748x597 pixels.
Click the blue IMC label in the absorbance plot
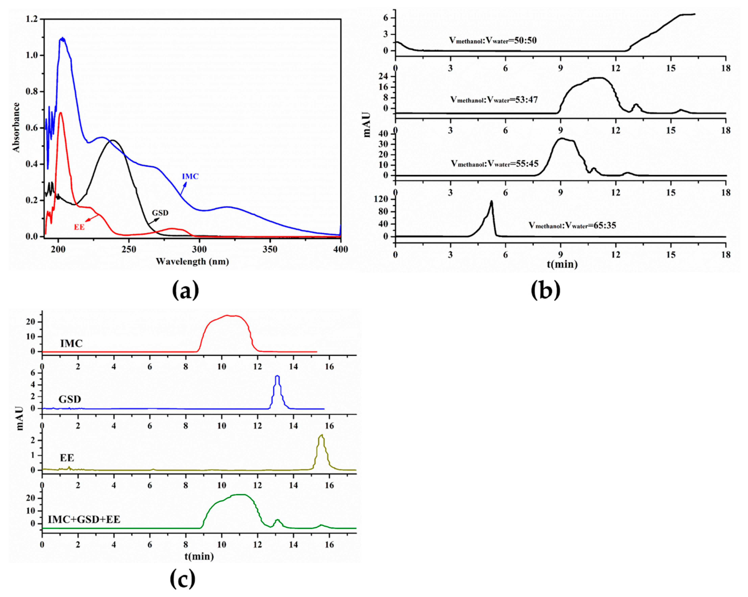coord(190,176)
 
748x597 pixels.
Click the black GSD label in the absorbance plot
coord(160,213)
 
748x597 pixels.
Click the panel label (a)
coord(186,291)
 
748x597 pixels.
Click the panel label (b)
coord(545,291)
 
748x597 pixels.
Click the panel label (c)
coord(182,579)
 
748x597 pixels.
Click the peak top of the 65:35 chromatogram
coord(491,201)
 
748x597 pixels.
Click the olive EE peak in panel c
coord(322,435)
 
